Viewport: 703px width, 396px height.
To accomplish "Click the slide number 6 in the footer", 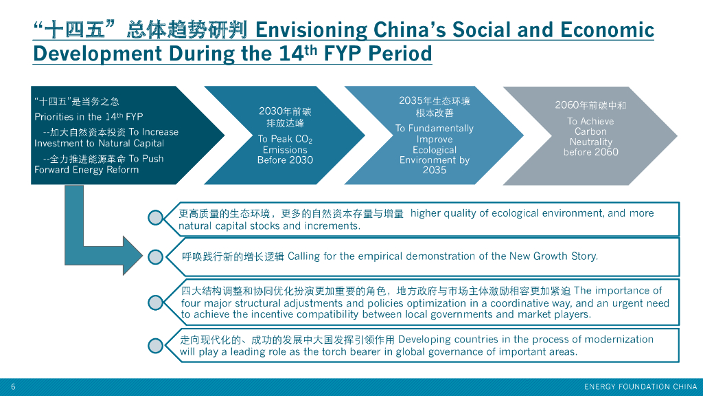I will [x=13, y=386].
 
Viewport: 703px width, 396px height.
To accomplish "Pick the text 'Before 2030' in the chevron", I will [x=285, y=160].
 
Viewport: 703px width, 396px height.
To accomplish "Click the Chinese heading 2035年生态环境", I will [x=434, y=101].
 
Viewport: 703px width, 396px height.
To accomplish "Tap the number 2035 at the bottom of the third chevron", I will [x=434, y=170].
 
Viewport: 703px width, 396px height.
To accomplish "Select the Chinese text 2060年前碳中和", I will [x=590, y=105].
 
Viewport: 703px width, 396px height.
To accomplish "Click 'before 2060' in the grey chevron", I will [x=590, y=152].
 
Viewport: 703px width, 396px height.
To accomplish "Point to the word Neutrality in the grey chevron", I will [x=590, y=142].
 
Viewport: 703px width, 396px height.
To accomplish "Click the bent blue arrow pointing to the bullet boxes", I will [x=96, y=247].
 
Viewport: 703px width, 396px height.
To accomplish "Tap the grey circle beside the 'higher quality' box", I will [x=156, y=218].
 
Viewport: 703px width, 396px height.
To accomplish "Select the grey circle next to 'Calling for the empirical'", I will [x=156, y=256].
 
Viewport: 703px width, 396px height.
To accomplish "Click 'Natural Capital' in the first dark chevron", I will [x=130, y=144].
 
